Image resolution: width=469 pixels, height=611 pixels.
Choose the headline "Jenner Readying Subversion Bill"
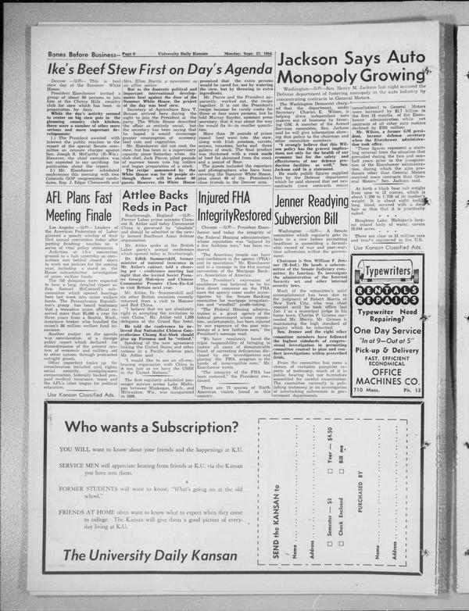311,202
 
